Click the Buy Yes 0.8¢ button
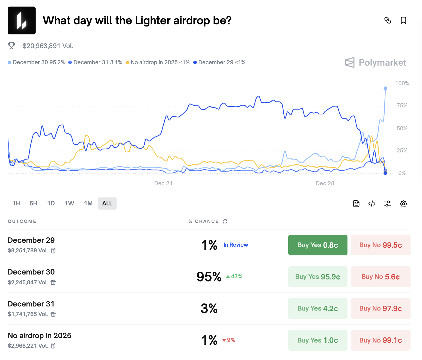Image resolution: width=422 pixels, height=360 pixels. [x=317, y=245]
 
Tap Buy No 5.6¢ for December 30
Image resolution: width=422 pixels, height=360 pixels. [x=381, y=277]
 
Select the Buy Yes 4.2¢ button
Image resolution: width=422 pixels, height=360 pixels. [x=317, y=308]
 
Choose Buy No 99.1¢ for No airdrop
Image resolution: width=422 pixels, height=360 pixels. [x=381, y=340]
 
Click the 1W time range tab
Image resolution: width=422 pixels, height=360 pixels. [x=69, y=203]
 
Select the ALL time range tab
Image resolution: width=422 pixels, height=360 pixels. [x=107, y=203]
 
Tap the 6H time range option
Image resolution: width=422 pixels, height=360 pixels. [x=33, y=203]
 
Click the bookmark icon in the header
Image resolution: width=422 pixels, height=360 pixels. [x=403, y=20]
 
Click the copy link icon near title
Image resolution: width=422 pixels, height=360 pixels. [x=388, y=20]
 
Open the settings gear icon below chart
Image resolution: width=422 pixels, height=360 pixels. [x=403, y=204]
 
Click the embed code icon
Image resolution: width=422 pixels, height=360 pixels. [x=372, y=204]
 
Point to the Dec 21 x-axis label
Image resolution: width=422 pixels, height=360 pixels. [x=163, y=183]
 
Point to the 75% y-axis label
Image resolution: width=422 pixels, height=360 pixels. [x=402, y=105]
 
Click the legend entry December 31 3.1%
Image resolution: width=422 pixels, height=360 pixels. [x=95, y=62]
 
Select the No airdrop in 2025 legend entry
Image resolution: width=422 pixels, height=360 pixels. [x=157, y=62]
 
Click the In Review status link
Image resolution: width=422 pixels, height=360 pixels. [x=236, y=245]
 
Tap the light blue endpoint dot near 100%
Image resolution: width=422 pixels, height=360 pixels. [x=385, y=88]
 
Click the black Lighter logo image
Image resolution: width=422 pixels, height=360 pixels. [x=22, y=20]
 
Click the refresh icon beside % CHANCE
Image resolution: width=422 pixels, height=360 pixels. [x=225, y=221]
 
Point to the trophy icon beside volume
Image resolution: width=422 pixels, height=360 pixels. [x=11, y=46]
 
